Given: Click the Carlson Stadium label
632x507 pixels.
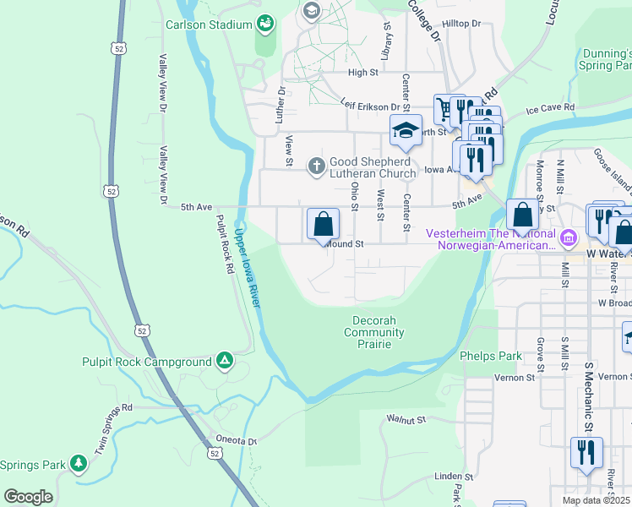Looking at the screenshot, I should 211,24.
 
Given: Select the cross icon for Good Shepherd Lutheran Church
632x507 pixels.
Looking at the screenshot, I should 316,166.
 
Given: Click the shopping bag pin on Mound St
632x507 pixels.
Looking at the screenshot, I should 323,226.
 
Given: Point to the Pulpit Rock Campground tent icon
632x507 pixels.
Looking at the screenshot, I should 224,362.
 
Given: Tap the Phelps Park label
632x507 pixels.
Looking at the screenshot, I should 486,357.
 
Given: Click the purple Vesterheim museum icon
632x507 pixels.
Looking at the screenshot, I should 569,239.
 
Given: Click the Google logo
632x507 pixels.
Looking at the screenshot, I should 28,497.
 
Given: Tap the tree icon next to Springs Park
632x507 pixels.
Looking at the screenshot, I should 79,463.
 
